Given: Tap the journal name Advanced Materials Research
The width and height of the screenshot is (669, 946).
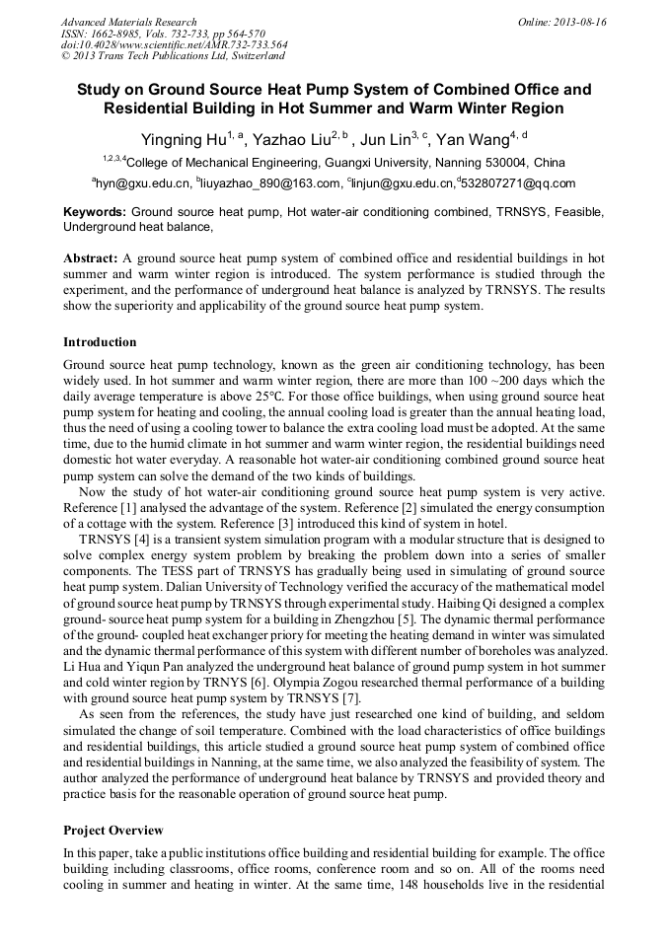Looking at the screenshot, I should click(x=128, y=22).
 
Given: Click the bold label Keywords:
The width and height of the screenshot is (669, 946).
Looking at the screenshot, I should click(x=95, y=212).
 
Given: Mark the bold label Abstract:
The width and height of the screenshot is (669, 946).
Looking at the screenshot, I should click(x=91, y=258).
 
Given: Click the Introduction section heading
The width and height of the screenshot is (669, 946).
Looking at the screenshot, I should click(x=100, y=342).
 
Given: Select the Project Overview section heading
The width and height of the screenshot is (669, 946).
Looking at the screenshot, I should click(x=113, y=830).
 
